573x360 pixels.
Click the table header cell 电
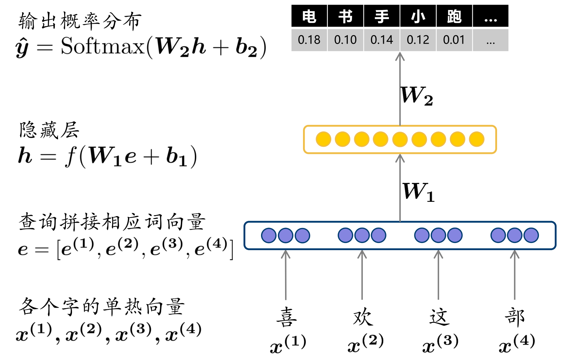click(x=309, y=16)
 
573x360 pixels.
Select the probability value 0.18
click(x=309, y=40)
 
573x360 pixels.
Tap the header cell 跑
click(x=454, y=16)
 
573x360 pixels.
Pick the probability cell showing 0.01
click(x=454, y=40)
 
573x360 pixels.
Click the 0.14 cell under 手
click(x=382, y=40)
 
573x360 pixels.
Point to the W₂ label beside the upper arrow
click(x=416, y=96)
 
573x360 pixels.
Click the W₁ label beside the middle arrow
click(x=418, y=192)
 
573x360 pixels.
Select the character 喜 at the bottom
click(x=286, y=317)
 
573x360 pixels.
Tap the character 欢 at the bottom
click(x=363, y=317)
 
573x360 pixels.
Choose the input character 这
click(x=439, y=317)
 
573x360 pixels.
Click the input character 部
click(x=515, y=317)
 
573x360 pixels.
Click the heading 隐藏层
click(x=49, y=130)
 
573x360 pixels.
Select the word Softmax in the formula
click(x=102, y=47)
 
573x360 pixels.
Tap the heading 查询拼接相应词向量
click(x=112, y=222)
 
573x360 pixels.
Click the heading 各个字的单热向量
click(x=102, y=307)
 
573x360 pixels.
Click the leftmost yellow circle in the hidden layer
click(x=323, y=139)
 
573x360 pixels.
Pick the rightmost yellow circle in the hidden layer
click(x=477, y=139)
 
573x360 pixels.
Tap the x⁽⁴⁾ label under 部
click(x=517, y=344)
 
